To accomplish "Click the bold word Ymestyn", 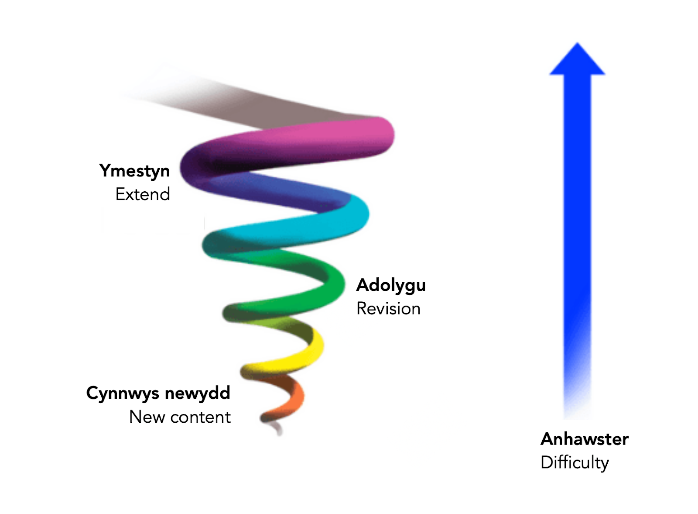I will point(134,171).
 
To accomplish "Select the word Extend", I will point(143,194).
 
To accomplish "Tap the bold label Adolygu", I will point(391,285).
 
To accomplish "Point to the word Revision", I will point(388,309).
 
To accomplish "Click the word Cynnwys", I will point(123,393).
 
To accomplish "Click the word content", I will point(200,417).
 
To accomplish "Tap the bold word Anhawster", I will point(585,439).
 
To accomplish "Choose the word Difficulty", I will point(575,462).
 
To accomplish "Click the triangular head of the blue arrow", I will point(577,61).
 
